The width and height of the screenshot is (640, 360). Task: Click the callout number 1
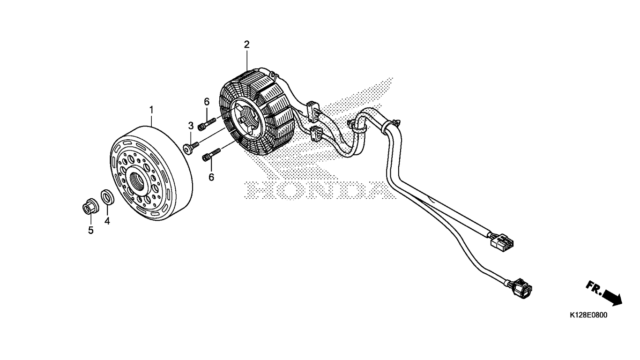(x=151, y=110)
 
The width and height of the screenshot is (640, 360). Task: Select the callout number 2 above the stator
(x=246, y=45)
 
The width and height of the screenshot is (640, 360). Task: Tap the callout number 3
(x=191, y=126)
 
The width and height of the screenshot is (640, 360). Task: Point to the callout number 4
(x=107, y=221)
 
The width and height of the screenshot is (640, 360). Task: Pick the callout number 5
(x=90, y=230)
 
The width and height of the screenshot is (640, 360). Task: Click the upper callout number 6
(x=207, y=102)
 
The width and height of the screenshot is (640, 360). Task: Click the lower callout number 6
(x=211, y=177)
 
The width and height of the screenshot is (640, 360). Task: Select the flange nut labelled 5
(x=90, y=206)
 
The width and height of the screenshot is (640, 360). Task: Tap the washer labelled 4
(x=108, y=197)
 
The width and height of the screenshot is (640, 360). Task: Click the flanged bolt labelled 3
(x=191, y=148)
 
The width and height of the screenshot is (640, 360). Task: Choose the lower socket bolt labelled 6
(x=211, y=155)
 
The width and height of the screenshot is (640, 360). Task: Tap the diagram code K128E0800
(x=588, y=315)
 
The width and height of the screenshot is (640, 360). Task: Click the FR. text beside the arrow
(x=594, y=288)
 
